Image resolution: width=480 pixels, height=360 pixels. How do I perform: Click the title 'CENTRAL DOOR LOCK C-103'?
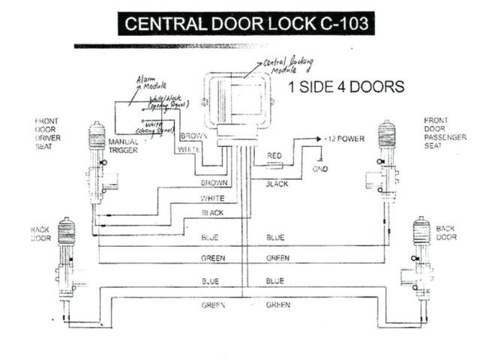[x=246, y=23]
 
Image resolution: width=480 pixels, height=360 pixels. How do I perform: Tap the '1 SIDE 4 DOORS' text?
[x=346, y=86]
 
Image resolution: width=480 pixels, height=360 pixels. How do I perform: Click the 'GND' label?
[x=320, y=169]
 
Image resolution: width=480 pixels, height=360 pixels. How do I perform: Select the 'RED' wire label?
[x=274, y=155]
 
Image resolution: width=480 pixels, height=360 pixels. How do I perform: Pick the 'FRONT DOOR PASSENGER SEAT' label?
[x=438, y=133]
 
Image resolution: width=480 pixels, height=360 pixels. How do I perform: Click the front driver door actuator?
[x=97, y=161]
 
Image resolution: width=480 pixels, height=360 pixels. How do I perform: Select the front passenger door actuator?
[x=385, y=161]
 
